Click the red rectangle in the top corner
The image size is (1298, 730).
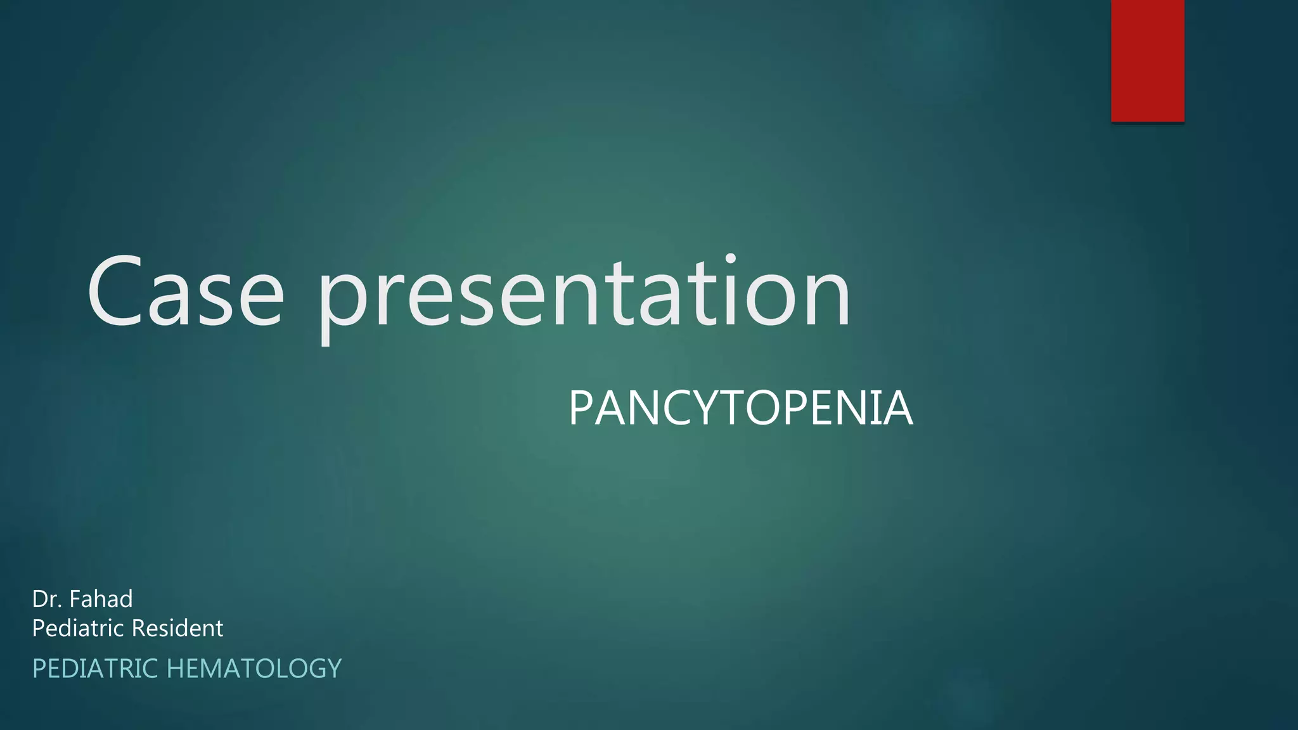pos(1147,60)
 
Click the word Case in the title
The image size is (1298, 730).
pos(185,292)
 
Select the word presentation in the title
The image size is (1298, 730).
pos(584,295)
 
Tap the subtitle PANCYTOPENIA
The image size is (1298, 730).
pos(740,409)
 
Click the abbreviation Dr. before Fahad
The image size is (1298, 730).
pos(47,599)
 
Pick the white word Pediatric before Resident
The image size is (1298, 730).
pos(78,629)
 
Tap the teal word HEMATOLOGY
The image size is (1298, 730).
pos(254,669)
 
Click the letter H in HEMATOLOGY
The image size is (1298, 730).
pos(176,669)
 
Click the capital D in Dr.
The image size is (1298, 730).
pos(40,599)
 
